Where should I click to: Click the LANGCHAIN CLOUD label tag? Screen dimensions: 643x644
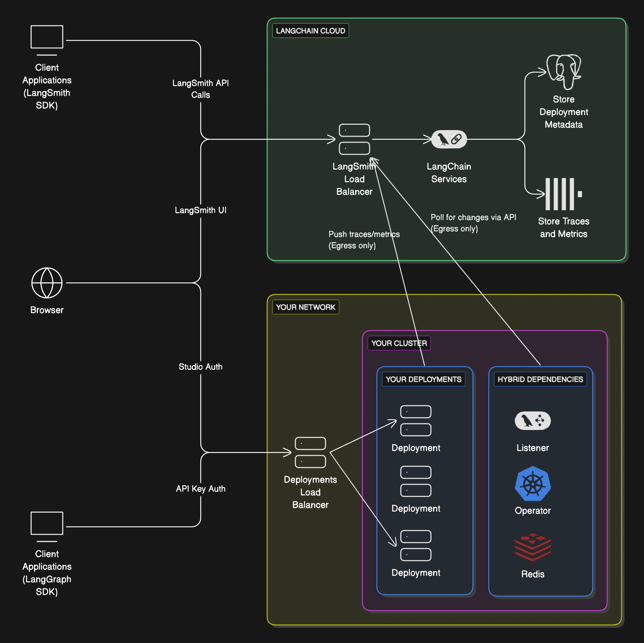click(x=310, y=31)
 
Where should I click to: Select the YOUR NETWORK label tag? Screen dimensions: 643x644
click(x=305, y=307)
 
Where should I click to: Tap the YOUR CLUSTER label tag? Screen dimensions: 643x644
click(x=399, y=343)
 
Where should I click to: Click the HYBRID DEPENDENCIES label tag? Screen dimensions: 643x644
click(x=540, y=379)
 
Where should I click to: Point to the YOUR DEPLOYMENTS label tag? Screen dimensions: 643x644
click(x=423, y=379)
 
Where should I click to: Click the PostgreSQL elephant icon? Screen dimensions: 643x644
click(x=563, y=71)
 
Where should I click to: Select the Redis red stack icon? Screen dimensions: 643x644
click(x=532, y=547)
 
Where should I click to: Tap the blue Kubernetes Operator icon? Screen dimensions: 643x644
click(x=532, y=484)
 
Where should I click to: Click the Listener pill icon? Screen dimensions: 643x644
click(x=532, y=421)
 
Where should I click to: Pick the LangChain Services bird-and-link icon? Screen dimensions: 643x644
click(x=449, y=139)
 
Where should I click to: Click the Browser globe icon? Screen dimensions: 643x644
click(x=47, y=283)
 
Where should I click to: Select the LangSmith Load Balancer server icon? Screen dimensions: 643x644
click(x=354, y=139)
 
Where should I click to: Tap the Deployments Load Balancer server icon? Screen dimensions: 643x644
click(x=310, y=452)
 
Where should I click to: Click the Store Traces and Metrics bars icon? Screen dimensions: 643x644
click(x=562, y=194)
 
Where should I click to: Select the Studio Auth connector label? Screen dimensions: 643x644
click(x=201, y=367)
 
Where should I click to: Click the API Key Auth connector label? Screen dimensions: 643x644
click(x=201, y=489)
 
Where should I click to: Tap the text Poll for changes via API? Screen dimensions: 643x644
click(x=473, y=218)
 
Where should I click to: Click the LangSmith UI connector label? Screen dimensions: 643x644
click(x=201, y=210)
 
